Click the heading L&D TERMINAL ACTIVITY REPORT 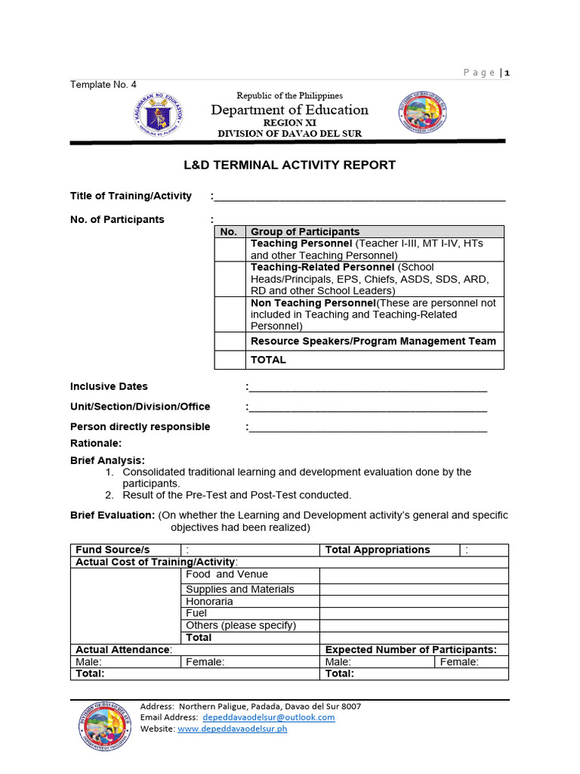pos(290,165)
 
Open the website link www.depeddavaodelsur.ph pos(232,729)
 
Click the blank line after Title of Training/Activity pos(359,197)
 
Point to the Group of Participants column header pos(305,232)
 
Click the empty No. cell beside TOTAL pos(230,360)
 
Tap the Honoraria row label pos(209,602)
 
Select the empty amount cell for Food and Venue pos(413,575)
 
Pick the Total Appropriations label pos(377,550)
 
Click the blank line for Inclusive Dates pos(368,387)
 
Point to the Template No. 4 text pos(103,85)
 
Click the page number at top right pos(507,73)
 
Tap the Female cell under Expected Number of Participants pos(470,662)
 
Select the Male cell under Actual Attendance pos(125,662)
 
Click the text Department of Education pos(290,110)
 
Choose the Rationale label pos(96,444)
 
